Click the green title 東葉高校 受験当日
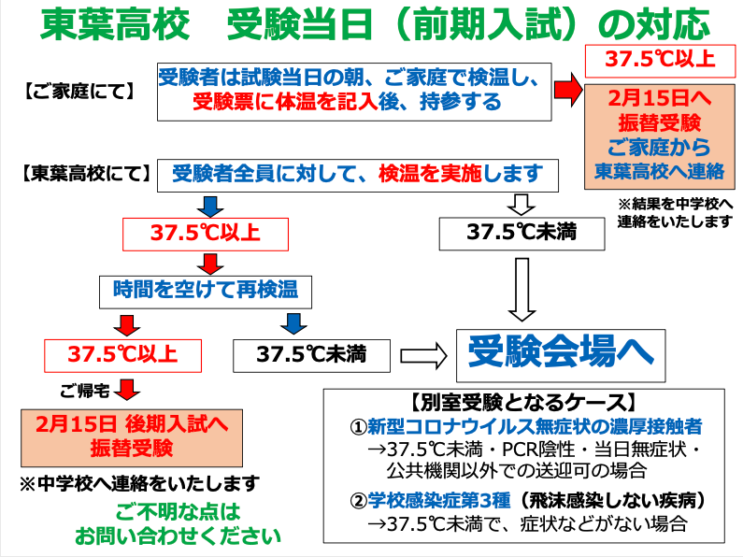point(207,24)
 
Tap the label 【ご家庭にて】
point(79,92)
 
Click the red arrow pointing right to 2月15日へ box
point(568,90)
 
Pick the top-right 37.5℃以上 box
point(660,61)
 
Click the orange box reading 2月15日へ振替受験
point(659,136)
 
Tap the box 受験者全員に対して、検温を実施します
point(358,176)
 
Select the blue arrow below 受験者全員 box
point(210,206)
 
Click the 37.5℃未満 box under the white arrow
point(522,234)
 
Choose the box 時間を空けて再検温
point(206,293)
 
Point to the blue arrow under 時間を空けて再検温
point(293,323)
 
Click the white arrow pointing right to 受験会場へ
point(423,356)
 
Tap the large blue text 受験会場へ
point(561,352)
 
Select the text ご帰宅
point(85,391)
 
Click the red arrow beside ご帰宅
point(127,390)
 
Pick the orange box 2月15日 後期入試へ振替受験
point(132,438)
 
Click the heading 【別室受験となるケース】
point(522,403)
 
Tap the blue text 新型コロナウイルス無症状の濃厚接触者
point(535,427)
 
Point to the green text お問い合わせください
point(178,536)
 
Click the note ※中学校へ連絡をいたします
point(140,483)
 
